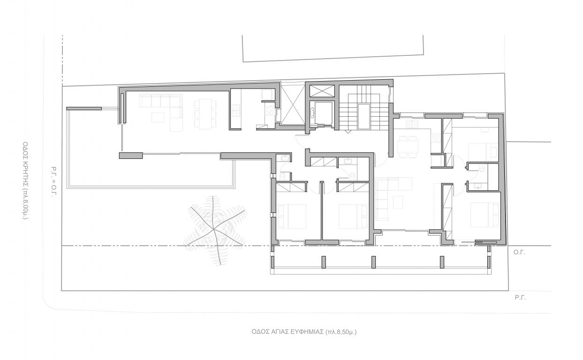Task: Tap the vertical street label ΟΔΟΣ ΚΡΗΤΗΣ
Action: [25, 160]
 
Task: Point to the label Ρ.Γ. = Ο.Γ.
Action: [54, 181]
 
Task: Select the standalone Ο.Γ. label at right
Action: [519, 252]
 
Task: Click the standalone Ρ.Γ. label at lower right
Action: [520, 298]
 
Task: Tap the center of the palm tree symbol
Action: [214, 229]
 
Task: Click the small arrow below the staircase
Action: [348, 132]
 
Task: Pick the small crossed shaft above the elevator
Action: [322, 91]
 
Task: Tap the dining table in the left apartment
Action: [205, 113]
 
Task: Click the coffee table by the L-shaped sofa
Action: [158, 117]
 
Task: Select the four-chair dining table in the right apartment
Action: [408, 147]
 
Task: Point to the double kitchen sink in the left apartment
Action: [236, 110]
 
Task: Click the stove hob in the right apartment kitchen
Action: [436, 138]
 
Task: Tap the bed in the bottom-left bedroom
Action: [292, 217]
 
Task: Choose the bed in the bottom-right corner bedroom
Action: [485, 215]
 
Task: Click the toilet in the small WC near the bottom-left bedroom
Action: [283, 176]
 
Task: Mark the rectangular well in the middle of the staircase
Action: [363, 117]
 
